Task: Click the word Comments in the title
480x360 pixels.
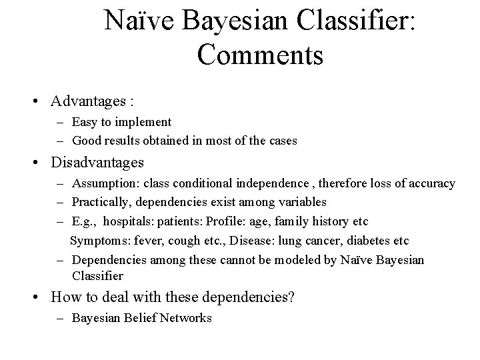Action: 261,54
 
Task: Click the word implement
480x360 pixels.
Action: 146,122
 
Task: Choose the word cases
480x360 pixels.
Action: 282,141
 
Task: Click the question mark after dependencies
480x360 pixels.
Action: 291,297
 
